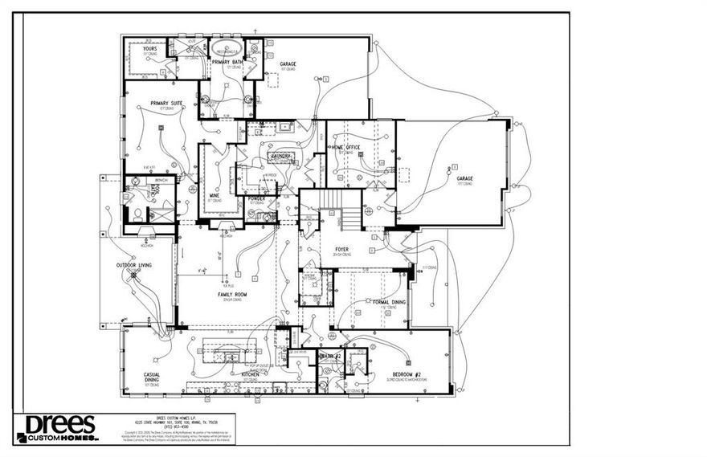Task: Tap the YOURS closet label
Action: pos(149,49)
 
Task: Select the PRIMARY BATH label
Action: pos(227,62)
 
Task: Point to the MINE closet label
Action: pos(215,195)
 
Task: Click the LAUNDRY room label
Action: pos(280,157)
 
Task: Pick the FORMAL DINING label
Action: pos(389,302)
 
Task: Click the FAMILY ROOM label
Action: pos(231,295)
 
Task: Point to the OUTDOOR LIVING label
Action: pos(134,265)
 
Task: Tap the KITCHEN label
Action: pos(250,374)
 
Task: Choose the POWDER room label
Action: pos(257,198)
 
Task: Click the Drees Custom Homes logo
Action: pos(56,428)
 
